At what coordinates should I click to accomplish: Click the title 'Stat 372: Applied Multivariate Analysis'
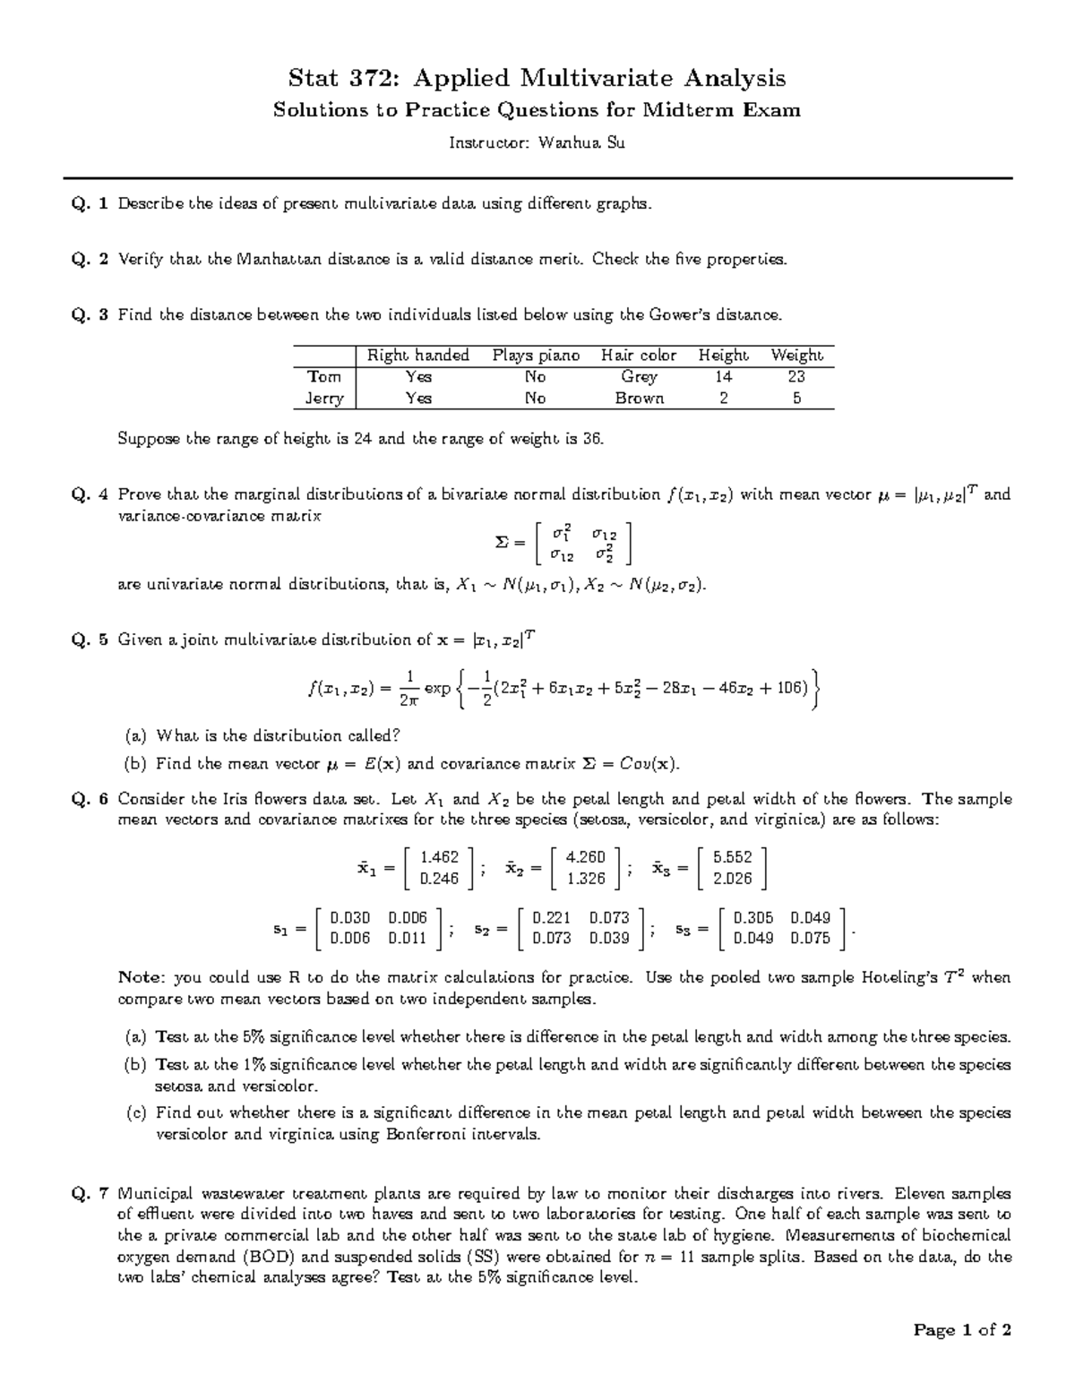536,78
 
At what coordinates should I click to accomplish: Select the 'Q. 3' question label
90,314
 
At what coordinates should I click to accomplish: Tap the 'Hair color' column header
639,356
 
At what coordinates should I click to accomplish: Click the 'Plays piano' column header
536,356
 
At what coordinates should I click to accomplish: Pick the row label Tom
323,377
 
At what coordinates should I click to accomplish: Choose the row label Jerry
323,399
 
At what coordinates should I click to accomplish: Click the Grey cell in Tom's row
639,377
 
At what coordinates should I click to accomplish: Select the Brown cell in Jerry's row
639,399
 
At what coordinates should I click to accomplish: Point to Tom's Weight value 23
795,377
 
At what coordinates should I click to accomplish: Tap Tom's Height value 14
723,377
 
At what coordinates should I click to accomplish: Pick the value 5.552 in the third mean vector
732,857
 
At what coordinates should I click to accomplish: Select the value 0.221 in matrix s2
551,918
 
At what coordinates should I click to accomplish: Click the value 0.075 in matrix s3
810,939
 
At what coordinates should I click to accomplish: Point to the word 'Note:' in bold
142,977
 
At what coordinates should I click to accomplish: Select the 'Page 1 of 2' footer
962,1330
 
